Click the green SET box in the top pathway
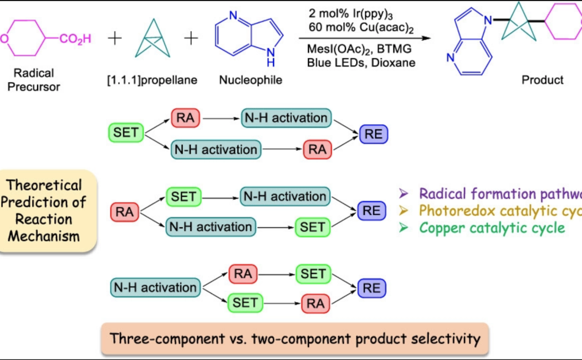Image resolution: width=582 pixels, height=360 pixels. pos(126,132)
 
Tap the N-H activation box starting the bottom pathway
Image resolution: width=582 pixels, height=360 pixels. pos(155,288)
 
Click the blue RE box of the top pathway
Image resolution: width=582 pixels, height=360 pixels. pos(374,133)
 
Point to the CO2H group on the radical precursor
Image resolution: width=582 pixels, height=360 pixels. pos(75,39)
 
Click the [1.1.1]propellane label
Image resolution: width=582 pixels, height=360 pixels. pos(152,80)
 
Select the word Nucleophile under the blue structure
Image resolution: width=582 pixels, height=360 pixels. pos(251,80)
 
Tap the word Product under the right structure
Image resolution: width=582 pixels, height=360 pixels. pos(542,80)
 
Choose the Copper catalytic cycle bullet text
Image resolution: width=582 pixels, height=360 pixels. pos(492,228)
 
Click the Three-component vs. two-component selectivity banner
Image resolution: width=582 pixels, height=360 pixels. pos(295,338)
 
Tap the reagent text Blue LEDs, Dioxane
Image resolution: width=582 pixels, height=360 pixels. pos(361,63)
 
